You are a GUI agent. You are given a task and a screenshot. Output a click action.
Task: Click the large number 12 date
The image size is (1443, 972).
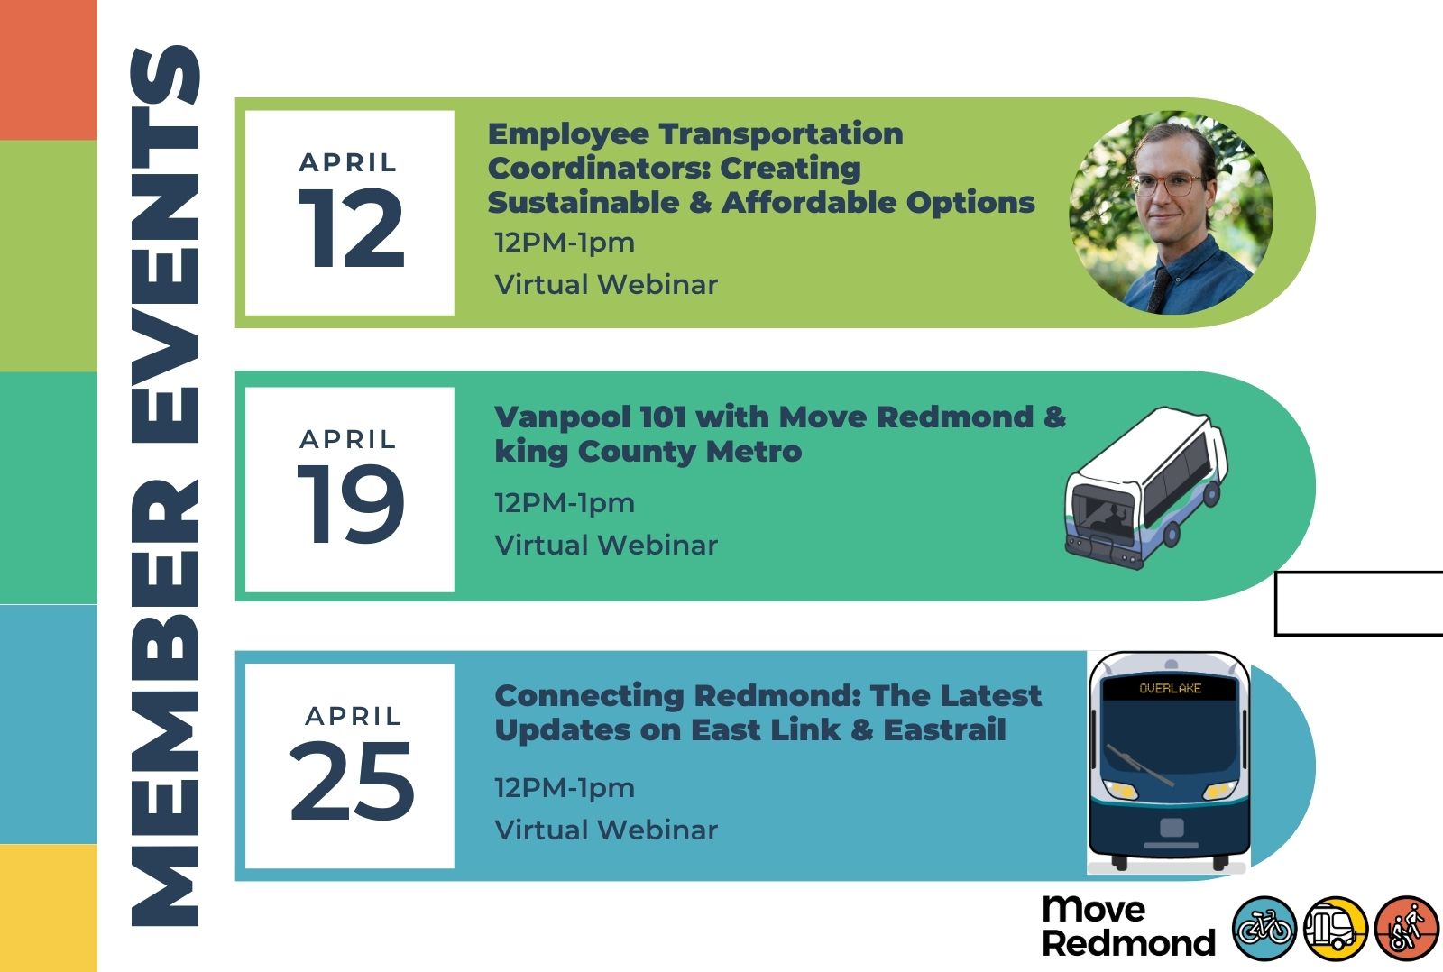coord(352,229)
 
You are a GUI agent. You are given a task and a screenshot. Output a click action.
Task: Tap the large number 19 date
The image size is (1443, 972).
coord(351,504)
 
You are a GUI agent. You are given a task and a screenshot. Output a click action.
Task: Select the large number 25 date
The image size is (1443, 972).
coord(351,781)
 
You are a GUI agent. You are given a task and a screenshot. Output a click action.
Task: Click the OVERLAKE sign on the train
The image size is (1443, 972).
coord(1170,688)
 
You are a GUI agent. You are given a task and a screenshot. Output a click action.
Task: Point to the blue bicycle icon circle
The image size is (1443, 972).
coord(1264,928)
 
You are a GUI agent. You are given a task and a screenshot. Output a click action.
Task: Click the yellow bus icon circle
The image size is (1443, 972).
coord(1336,928)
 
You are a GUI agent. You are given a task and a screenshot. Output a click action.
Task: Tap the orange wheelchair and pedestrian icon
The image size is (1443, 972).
coord(1407,928)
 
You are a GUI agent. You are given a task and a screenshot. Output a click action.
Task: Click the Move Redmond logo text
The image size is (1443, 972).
coord(1128,926)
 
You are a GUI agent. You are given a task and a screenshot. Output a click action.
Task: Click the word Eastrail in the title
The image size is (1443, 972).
coord(944,729)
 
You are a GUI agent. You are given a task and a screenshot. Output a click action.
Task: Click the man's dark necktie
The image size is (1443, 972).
coord(1160,289)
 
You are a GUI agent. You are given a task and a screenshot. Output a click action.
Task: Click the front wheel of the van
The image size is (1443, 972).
coord(1172,534)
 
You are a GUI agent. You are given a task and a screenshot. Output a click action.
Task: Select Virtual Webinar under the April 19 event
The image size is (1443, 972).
coord(605,545)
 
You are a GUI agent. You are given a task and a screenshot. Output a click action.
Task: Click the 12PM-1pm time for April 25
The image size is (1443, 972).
coord(565,788)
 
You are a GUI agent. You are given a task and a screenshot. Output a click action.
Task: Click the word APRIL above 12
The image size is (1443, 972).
coord(348,163)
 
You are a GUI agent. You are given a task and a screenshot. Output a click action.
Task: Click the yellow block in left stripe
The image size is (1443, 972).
coord(49,908)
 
